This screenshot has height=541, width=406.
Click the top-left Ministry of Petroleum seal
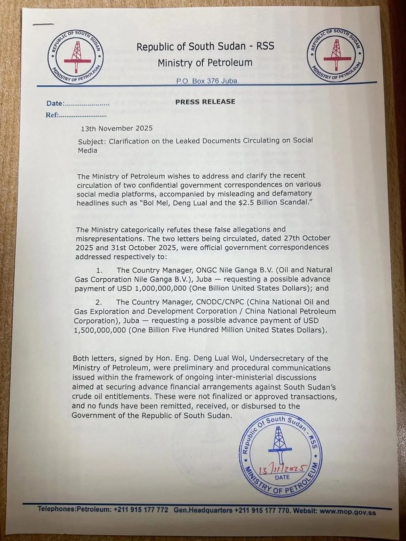click(76, 56)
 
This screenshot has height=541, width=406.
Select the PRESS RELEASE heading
click(205, 101)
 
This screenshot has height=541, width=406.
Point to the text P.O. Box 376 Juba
click(208, 81)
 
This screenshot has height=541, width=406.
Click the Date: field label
click(55, 104)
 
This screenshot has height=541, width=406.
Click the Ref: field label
click(52, 115)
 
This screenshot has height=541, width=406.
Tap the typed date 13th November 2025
click(117, 128)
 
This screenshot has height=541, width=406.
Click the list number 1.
click(100, 270)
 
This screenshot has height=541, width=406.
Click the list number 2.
click(99, 302)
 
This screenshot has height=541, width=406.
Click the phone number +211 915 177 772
click(141, 509)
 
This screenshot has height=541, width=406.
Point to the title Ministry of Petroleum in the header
click(205, 62)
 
